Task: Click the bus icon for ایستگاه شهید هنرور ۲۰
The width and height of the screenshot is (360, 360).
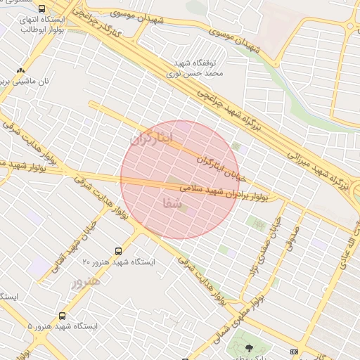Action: pyautogui.click(x=117, y=250)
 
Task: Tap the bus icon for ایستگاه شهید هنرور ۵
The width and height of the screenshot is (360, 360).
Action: pyautogui.click(x=63, y=316)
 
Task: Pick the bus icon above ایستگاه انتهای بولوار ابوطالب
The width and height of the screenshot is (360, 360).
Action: pyautogui.click(x=41, y=9)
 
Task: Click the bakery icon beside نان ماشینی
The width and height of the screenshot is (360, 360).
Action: pyautogui.click(x=20, y=71)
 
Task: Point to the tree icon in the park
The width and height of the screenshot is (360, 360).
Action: pyautogui.click(x=248, y=347)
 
